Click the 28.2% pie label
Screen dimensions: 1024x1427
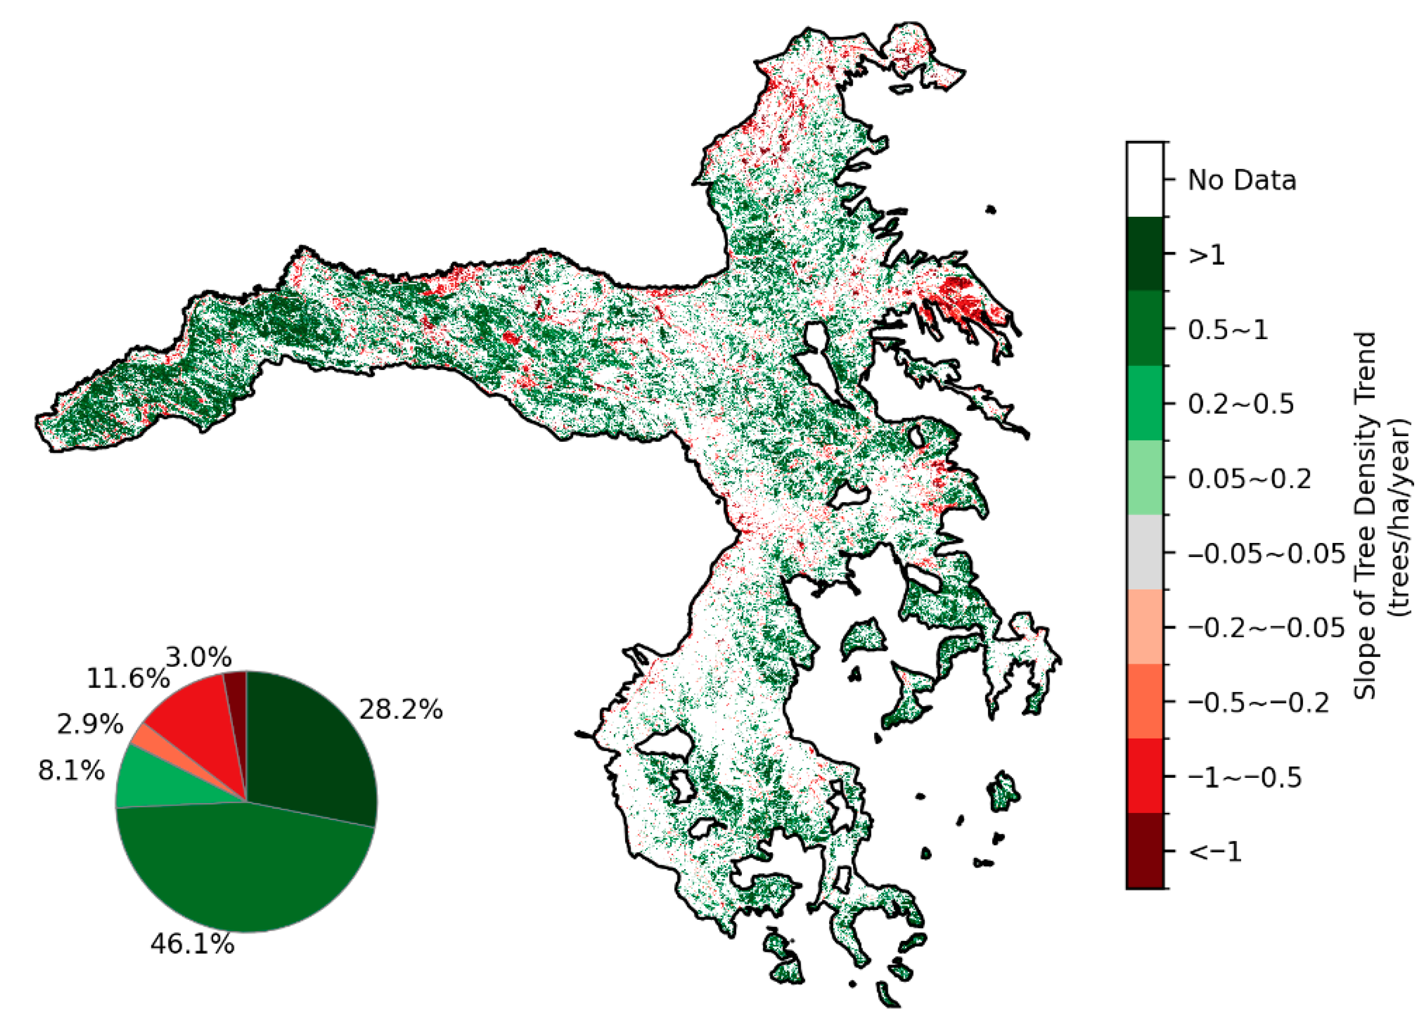[401, 710]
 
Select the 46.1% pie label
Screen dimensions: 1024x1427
[192, 944]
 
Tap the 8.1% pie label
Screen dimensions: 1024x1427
[71, 771]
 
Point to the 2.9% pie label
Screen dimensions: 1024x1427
[89, 725]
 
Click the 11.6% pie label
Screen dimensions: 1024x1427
[128, 679]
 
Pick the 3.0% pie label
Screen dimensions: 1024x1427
[199, 658]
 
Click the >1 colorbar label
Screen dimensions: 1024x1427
[1206, 255]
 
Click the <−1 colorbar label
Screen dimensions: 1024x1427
[1214, 852]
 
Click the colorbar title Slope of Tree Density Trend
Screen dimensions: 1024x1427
[1366, 516]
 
